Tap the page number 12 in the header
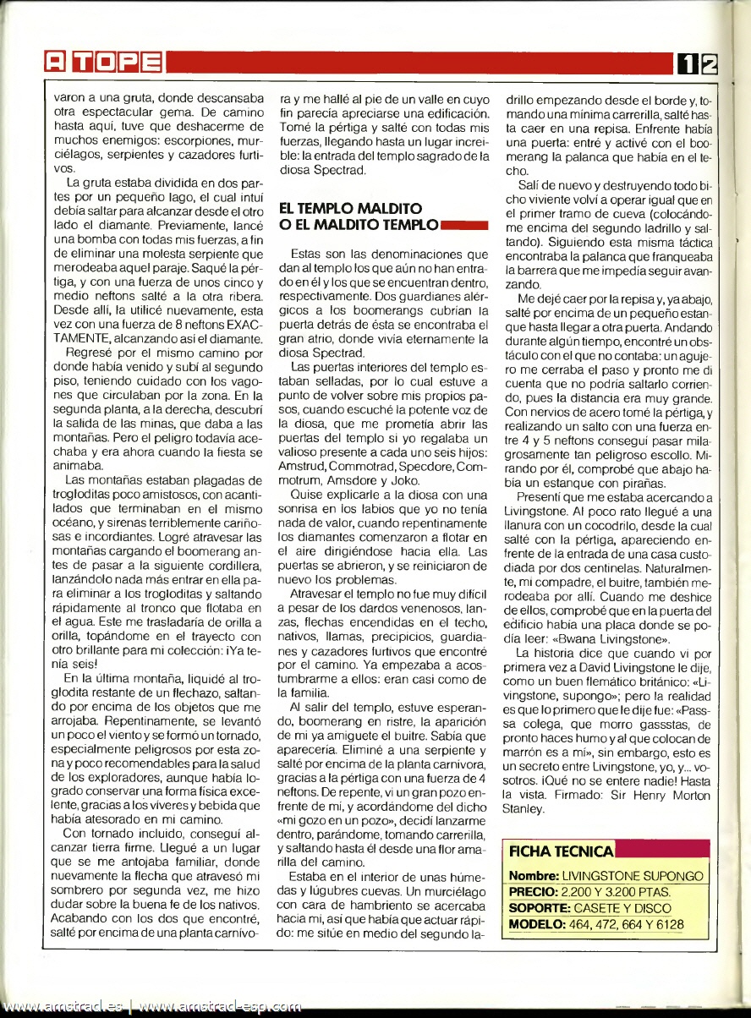[x=698, y=62]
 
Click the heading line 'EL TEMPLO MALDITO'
[x=350, y=207]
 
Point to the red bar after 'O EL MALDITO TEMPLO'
[x=464, y=225]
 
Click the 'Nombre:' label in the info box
[x=534, y=875]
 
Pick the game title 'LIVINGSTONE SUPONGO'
[x=633, y=875]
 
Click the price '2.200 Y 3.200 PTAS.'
[x=617, y=891]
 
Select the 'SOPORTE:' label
[x=540, y=907]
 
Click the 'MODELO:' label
[x=537, y=924]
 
